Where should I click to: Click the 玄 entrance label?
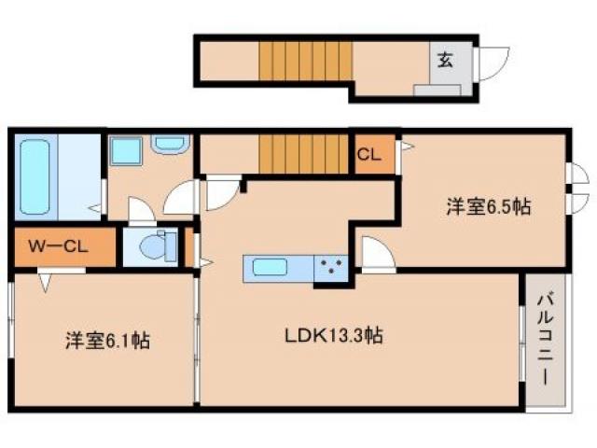[446, 61]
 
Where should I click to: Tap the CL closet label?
[368, 156]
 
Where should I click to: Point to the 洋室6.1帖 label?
[107, 341]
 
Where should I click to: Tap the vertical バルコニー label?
[545, 339]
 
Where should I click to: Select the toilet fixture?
[155, 248]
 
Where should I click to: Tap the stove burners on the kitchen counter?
[331, 269]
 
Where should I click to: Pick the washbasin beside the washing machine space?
[170, 145]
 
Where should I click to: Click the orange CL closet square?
[369, 154]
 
